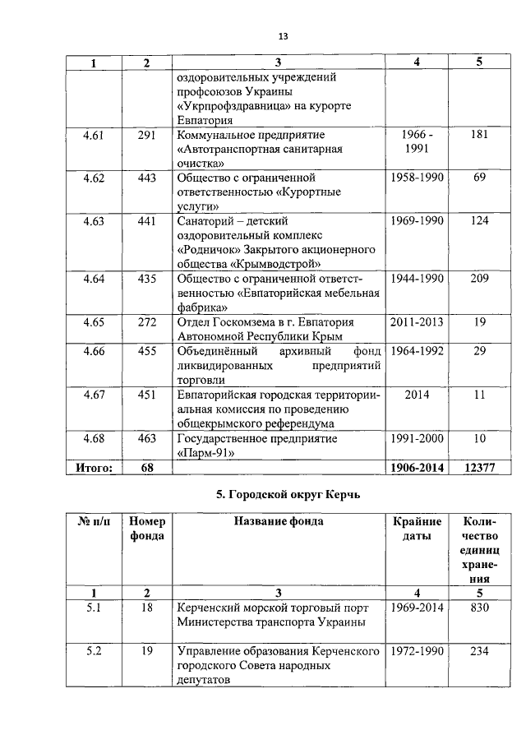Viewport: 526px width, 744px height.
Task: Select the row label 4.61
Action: coord(93,135)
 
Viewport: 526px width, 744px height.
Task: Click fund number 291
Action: coord(146,135)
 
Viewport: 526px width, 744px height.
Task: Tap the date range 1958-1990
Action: coord(417,177)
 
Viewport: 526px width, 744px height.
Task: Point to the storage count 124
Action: coord(479,220)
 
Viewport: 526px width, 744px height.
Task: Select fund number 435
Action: coord(146,279)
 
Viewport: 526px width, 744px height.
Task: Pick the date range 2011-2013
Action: coord(417,322)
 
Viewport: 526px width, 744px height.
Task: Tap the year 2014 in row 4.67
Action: coord(417,395)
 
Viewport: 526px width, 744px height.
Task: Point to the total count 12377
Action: coord(479,467)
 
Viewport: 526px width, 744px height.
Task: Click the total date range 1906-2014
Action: coord(417,467)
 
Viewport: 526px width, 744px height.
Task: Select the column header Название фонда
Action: coord(279,520)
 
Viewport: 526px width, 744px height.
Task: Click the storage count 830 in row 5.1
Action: coord(479,608)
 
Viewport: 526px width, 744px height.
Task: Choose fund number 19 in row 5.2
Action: coord(146,651)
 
